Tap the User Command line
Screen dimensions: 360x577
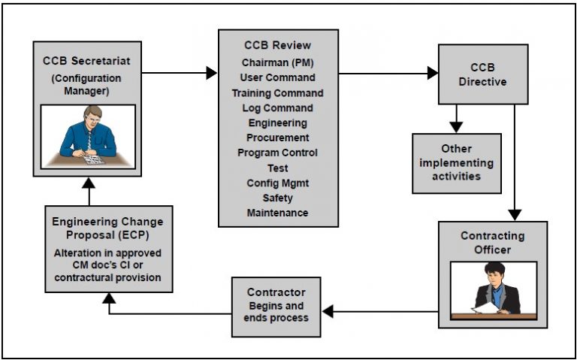(x=278, y=77)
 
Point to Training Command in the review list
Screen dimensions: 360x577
(x=278, y=93)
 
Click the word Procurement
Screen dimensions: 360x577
(x=278, y=138)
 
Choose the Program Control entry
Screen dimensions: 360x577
(x=278, y=153)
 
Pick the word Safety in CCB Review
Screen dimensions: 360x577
(x=278, y=198)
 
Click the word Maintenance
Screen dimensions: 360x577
(x=278, y=213)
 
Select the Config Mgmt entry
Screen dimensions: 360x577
(x=278, y=183)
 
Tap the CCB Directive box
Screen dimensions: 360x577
(x=483, y=74)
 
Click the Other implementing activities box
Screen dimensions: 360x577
(x=457, y=162)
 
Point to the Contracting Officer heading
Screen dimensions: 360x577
(x=493, y=242)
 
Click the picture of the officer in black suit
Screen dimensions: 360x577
(x=493, y=290)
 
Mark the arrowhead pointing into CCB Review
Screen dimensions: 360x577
(x=212, y=73)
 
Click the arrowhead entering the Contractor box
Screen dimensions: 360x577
(x=328, y=311)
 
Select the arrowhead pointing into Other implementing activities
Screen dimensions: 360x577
(x=456, y=127)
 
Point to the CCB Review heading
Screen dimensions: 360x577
(x=278, y=44)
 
